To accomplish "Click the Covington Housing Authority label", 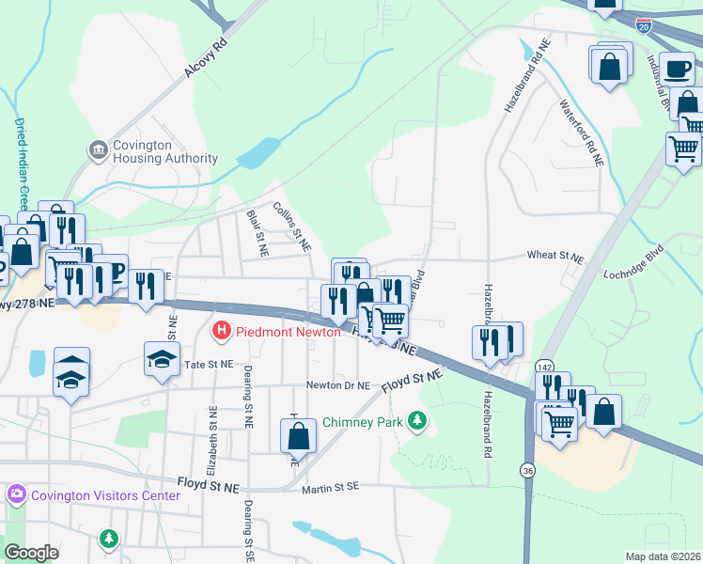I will coord(165,151).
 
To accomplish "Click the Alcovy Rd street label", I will coord(206,58).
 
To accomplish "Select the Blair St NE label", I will coord(257,234).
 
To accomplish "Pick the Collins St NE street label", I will coord(291,227).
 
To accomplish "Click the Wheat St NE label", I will coord(556,255).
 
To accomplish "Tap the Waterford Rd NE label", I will coord(581,133).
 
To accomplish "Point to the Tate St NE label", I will coord(208,364).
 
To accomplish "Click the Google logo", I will coord(31,552).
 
